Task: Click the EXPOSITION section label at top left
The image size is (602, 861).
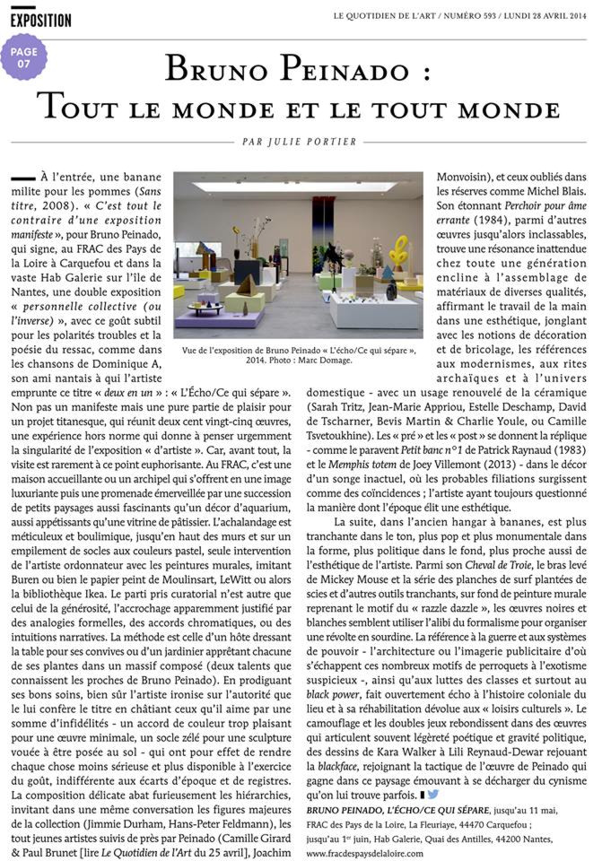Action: pyautogui.click(x=41, y=19)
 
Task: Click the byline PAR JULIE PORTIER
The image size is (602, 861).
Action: pyautogui.click(x=301, y=142)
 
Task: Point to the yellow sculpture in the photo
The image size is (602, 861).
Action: pyautogui.click(x=398, y=251)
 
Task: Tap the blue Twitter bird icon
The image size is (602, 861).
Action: pyautogui.click(x=432, y=793)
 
